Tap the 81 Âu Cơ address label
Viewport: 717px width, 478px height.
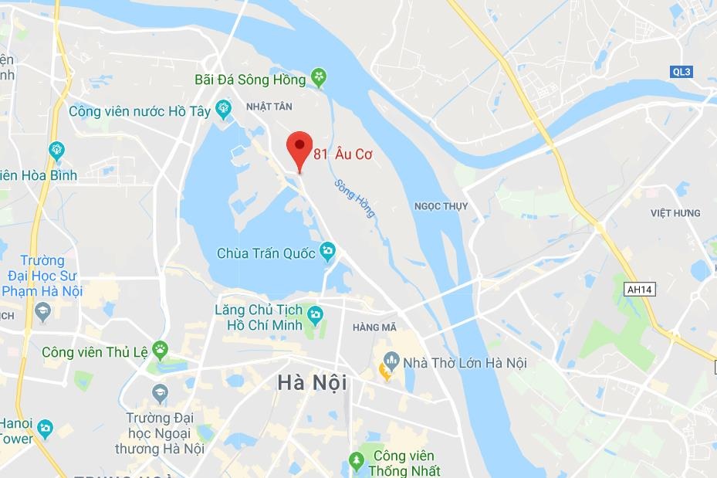pos(343,154)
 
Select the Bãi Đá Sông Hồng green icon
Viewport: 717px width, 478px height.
pos(320,77)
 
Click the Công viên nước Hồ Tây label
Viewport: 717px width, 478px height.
pos(139,111)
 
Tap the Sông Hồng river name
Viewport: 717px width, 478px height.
pos(354,198)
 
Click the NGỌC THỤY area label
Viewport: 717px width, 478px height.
pos(441,206)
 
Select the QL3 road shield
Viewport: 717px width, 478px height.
pos(681,72)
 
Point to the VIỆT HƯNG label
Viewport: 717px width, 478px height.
pos(675,213)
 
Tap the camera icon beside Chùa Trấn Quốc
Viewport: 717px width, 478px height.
pos(328,250)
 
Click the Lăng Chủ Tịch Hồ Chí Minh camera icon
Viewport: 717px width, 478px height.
pos(314,314)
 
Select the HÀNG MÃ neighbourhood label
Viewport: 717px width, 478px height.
pos(374,327)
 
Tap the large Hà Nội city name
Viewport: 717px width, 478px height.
pos(312,383)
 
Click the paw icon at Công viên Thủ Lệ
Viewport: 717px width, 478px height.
pos(160,350)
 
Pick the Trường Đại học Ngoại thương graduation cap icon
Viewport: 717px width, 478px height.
pos(160,392)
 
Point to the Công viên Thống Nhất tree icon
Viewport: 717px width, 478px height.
pos(356,461)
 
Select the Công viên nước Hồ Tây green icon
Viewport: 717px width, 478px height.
pos(224,110)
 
